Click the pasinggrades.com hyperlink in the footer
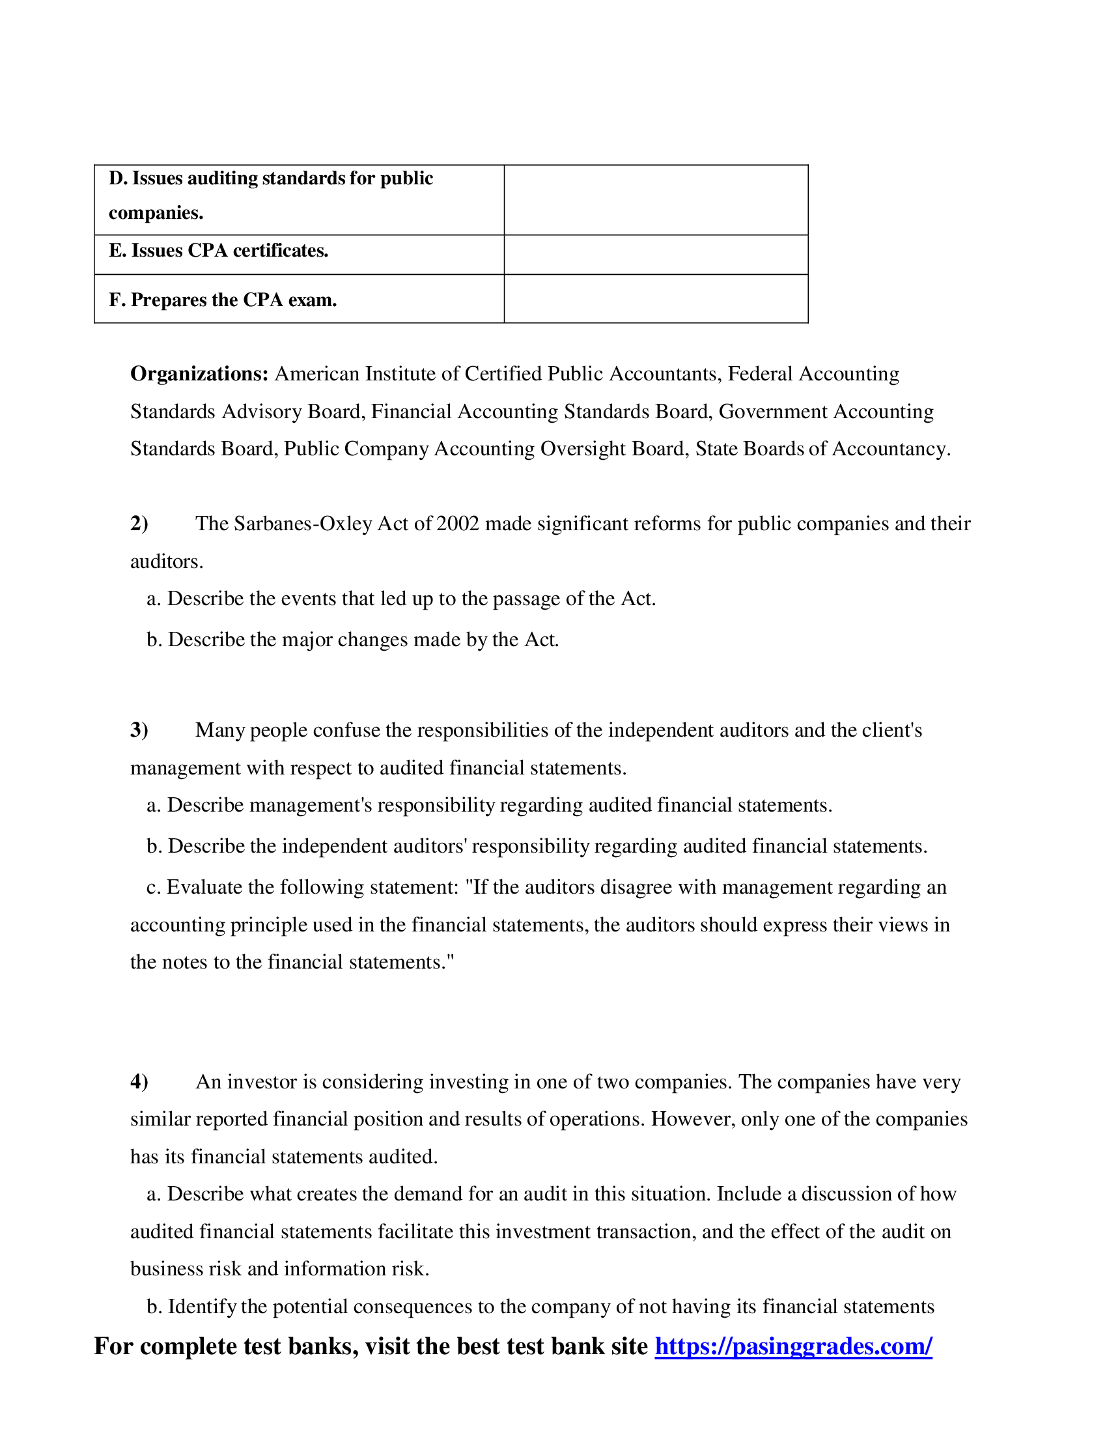click(793, 1346)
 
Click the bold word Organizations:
click(199, 373)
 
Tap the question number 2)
click(139, 524)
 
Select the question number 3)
click(139, 730)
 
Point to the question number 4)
click(139, 1081)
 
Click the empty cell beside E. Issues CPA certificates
click(655, 255)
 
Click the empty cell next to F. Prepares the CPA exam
click(655, 298)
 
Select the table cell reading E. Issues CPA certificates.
click(218, 251)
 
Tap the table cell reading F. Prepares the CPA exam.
click(223, 300)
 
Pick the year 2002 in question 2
click(458, 524)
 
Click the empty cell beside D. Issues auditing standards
click(655, 200)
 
